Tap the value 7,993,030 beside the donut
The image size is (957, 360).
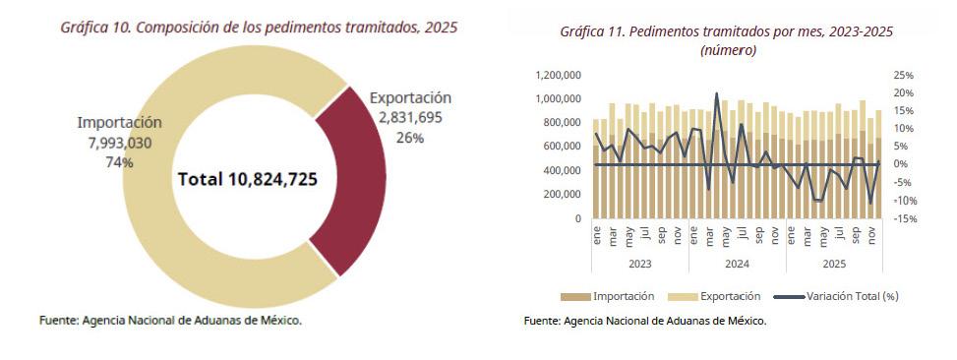coord(120,143)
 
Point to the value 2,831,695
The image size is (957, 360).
coord(410,118)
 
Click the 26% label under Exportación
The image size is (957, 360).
coord(409,138)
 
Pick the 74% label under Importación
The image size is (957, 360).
coord(120,162)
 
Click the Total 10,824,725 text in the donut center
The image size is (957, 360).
coord(248,179)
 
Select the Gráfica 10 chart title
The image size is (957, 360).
coord(259,28)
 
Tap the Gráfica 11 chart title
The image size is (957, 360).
coord(727,41)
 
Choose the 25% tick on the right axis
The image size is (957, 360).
coord(903,75)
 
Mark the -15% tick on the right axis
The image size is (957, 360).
coord(904,218)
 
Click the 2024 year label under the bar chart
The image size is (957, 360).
coord(738,265)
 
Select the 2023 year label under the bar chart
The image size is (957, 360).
coord(640,265)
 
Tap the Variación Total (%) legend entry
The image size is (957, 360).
coord(836,296)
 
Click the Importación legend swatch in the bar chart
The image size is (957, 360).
coord(575,296)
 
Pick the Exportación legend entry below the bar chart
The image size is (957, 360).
coord(714,296)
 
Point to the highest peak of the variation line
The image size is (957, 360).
coord(717,93)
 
